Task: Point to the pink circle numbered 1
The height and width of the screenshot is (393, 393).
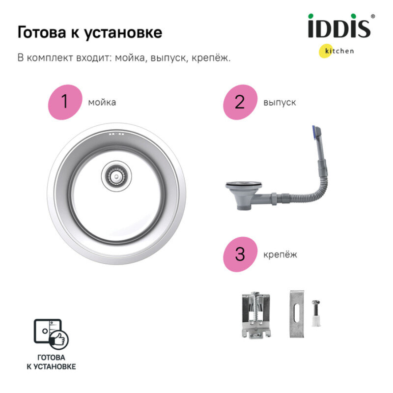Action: pos(64,102)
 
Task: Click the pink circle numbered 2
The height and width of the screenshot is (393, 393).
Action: pos(240,102)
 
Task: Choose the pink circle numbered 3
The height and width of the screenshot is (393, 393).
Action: pos(240,254)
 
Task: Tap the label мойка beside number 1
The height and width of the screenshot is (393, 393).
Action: pos(102,102)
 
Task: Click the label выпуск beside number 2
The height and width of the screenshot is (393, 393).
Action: pos(280,102)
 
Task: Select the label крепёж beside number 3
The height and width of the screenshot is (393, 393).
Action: pos(280,254)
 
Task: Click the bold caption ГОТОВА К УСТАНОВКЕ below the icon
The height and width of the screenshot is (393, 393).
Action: pos(51,362)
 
